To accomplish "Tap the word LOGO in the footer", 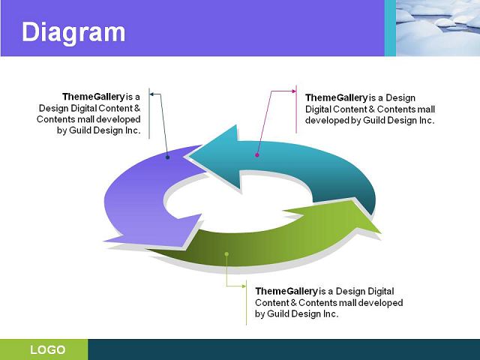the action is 48,349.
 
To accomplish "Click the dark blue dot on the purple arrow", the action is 167,157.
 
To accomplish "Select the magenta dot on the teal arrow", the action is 257,155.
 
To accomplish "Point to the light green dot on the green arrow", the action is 226,254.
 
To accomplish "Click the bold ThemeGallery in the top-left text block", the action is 94,97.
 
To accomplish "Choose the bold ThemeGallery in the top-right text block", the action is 337,97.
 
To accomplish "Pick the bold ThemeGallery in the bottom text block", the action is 286,291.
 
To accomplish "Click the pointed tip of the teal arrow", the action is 188,156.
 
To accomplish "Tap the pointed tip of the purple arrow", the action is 104,241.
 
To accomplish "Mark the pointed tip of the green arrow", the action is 381,233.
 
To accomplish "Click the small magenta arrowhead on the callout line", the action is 294,91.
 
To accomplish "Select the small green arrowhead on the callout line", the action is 244,286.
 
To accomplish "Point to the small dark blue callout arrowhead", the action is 151,94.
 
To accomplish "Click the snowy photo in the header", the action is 438,28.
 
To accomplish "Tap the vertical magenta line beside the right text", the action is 296,109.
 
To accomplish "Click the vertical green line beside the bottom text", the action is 247,302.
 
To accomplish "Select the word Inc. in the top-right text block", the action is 427,120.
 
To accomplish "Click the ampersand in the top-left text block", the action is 137,108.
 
